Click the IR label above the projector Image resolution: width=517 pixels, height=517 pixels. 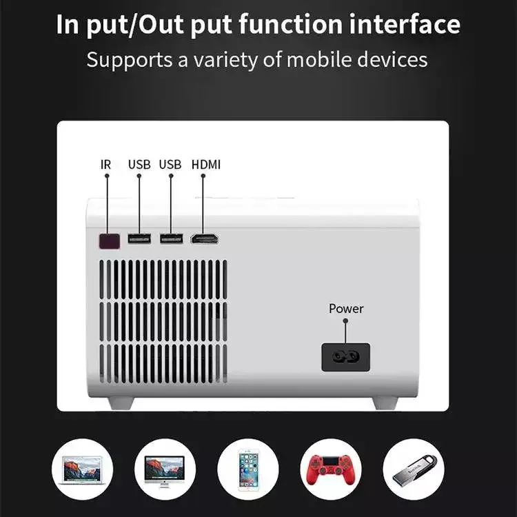pos(105,165)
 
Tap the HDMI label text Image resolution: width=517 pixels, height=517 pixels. pos(206,165)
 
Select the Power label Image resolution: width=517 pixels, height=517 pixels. pos(346,308)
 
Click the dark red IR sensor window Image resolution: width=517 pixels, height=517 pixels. pos(108,241)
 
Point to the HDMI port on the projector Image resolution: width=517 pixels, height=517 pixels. pos(205,239)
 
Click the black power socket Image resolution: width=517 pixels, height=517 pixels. pos(346,357)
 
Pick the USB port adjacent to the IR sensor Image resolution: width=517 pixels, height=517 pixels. pos(139,239)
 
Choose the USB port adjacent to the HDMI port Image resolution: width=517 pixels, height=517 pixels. pos(171,239)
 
